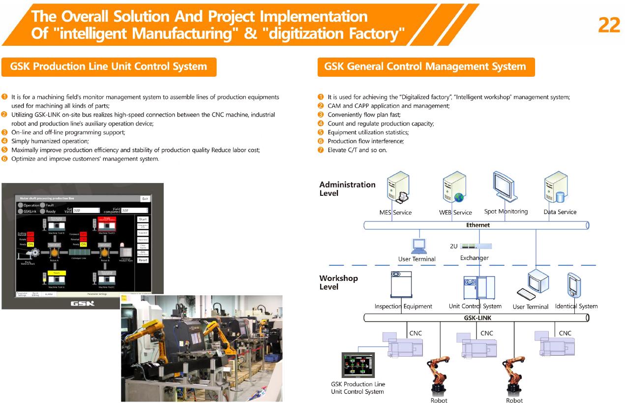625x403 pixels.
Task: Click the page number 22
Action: click(609, 24)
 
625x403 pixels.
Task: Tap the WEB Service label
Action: click(455, 213)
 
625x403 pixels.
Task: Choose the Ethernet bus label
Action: click(477, 225)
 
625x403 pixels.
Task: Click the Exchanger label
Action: click(474, 258)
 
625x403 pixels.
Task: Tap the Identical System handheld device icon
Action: click(574, 286)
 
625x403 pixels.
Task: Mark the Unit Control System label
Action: click(475, 306)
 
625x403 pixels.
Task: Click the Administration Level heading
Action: click(347, 189)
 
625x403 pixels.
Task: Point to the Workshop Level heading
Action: click(339, 282)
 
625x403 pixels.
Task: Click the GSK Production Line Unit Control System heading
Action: click(109, 66)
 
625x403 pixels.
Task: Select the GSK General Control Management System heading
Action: click(425, 66)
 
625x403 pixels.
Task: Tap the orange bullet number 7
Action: click(321, 150)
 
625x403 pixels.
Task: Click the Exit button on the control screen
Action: click(145, 199)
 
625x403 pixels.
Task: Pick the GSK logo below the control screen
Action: click(82, 303)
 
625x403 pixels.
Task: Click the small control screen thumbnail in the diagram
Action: click(358, 365)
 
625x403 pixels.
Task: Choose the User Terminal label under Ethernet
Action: click(417, 259)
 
